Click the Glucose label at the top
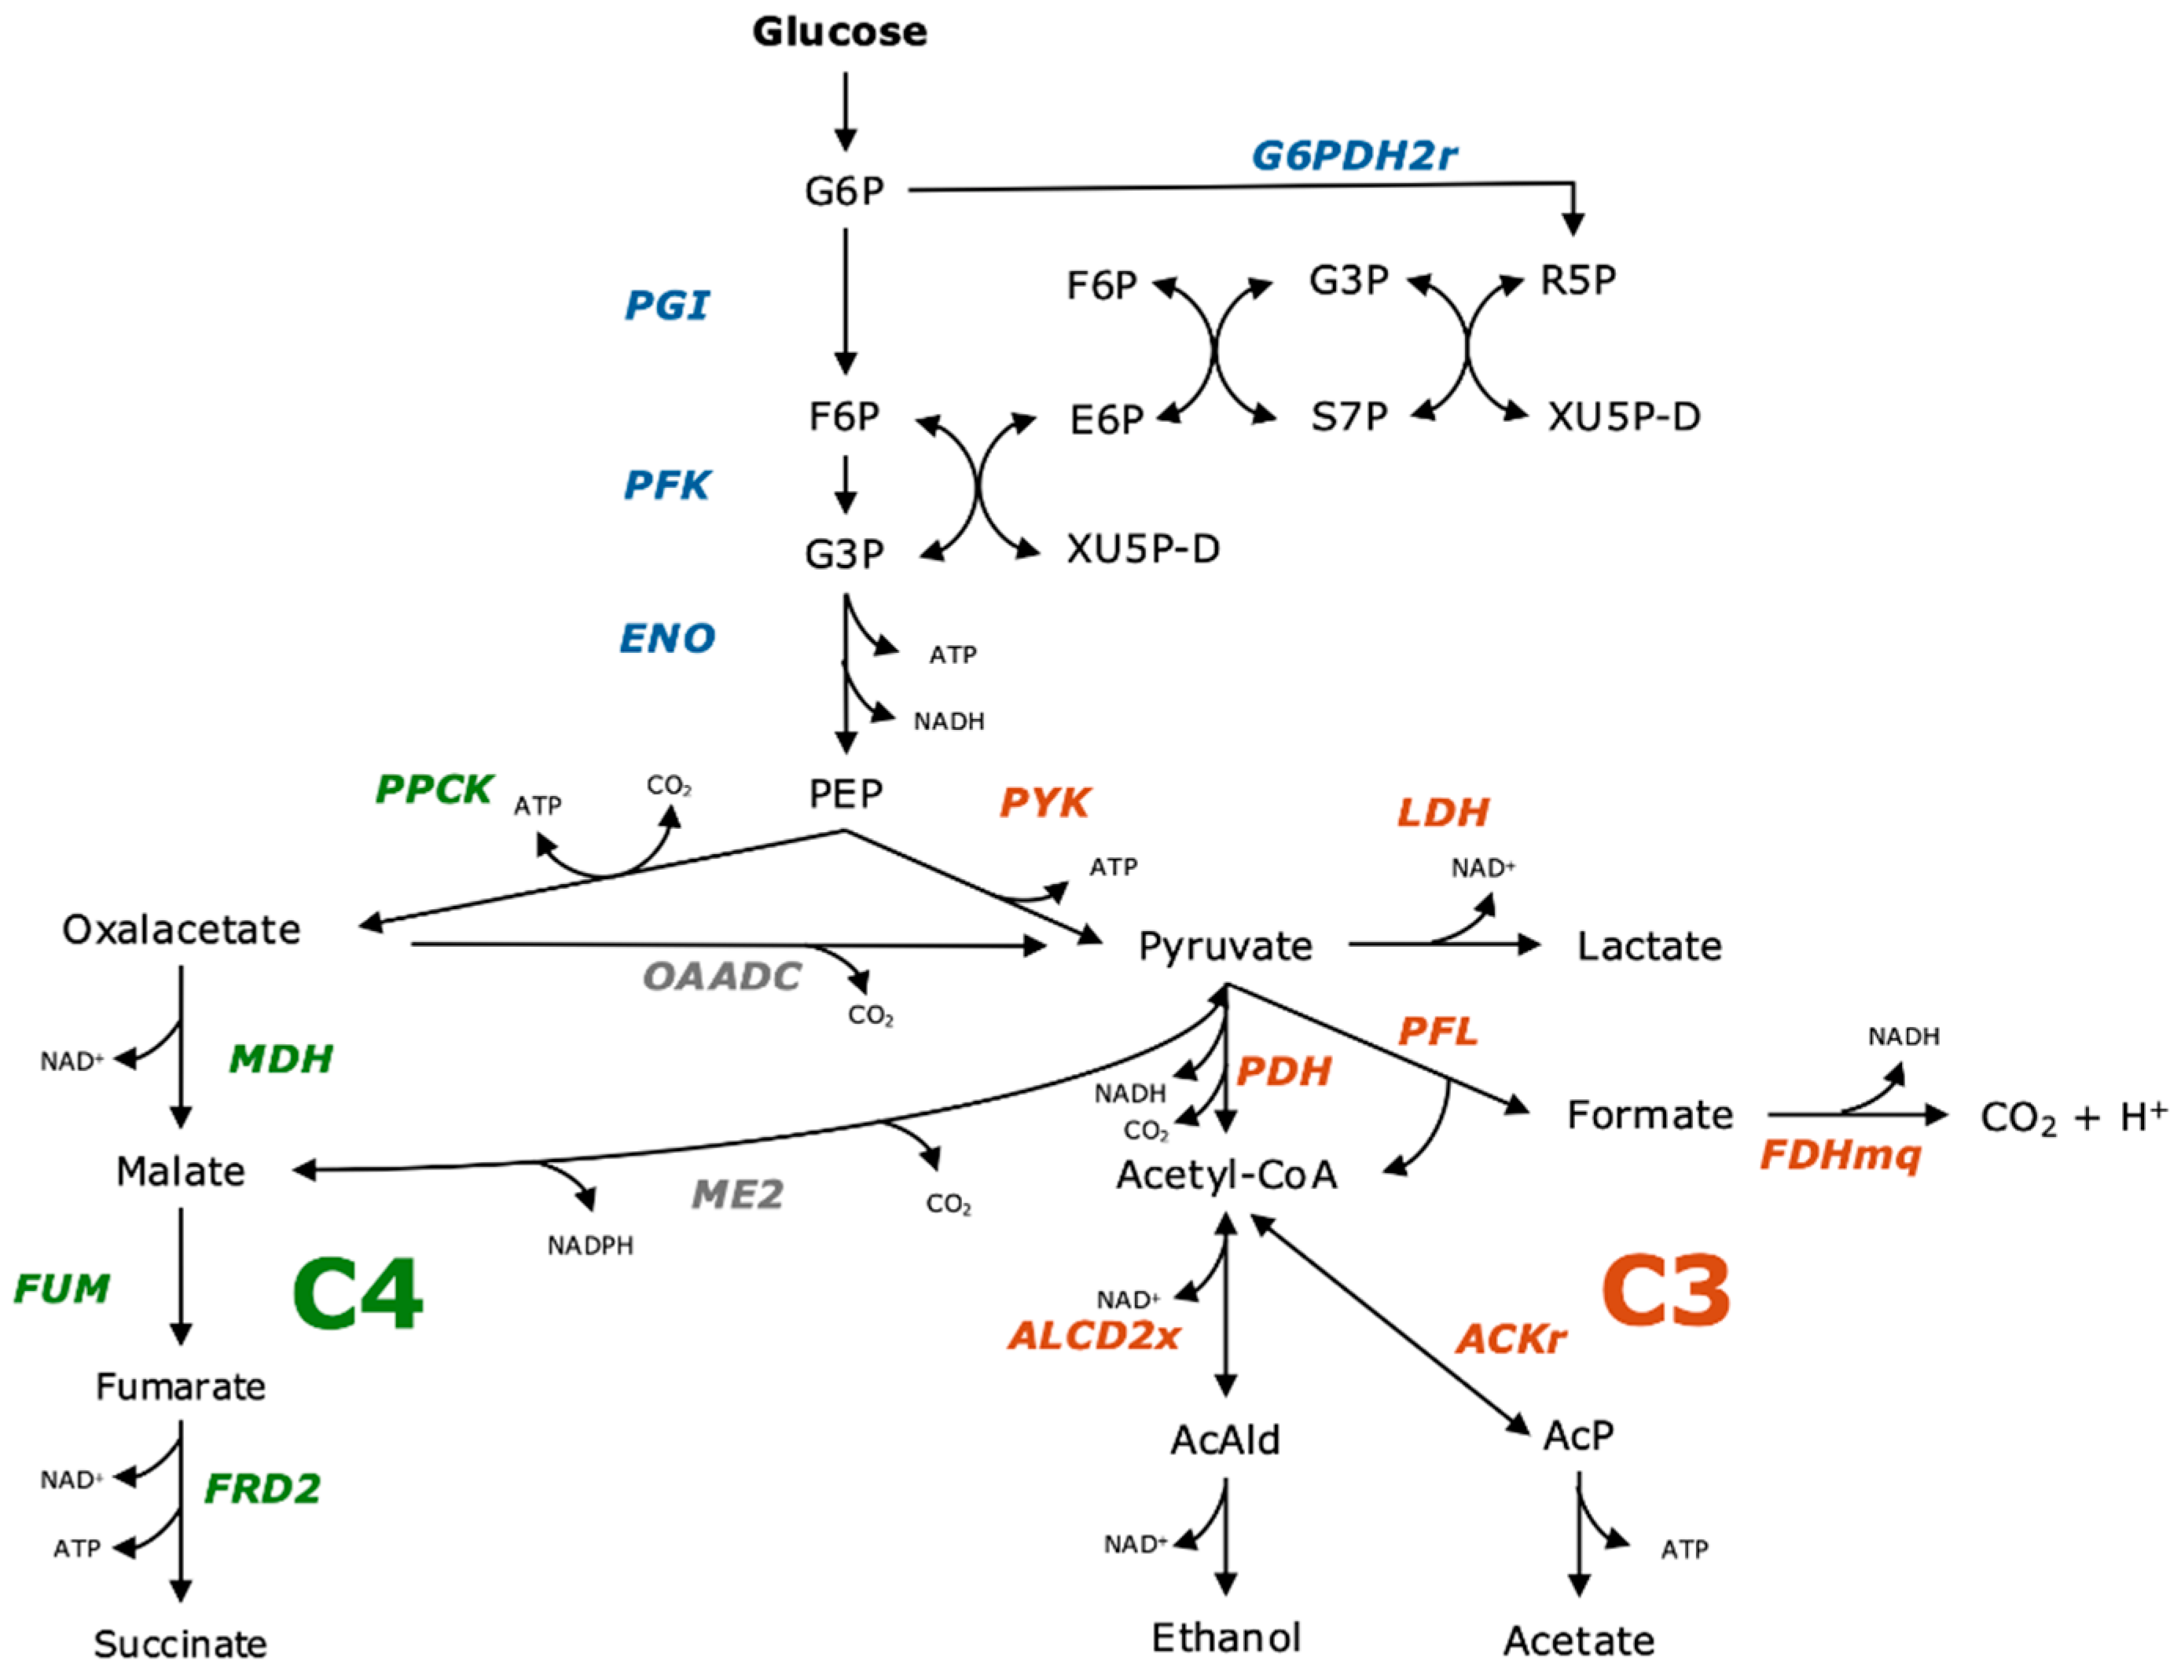click(839, 32)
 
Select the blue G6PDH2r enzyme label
click(1354, 156)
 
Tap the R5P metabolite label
click(1577, 280)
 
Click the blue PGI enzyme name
click(666, 306)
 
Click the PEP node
click(845, 794)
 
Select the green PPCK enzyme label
click(433, 789)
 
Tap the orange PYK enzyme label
click(1045, 802)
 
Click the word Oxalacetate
click(182, 929)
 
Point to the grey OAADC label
click(721, 977)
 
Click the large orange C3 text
click(1665, 1291)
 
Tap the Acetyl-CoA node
click(1226, 1175)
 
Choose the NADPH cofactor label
click(590, 1246)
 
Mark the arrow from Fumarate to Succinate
click(182, 1512)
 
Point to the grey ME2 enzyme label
click(738, 1194)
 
